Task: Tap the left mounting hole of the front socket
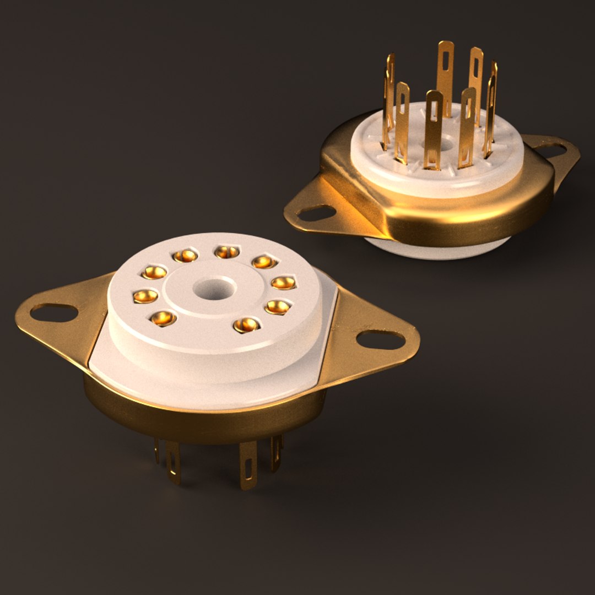53,312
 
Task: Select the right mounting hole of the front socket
380,339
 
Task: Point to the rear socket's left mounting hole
317,213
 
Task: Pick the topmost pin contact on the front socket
226,252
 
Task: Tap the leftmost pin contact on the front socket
145,296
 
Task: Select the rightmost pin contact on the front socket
283,283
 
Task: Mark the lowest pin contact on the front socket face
246,325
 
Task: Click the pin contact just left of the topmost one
185,255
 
